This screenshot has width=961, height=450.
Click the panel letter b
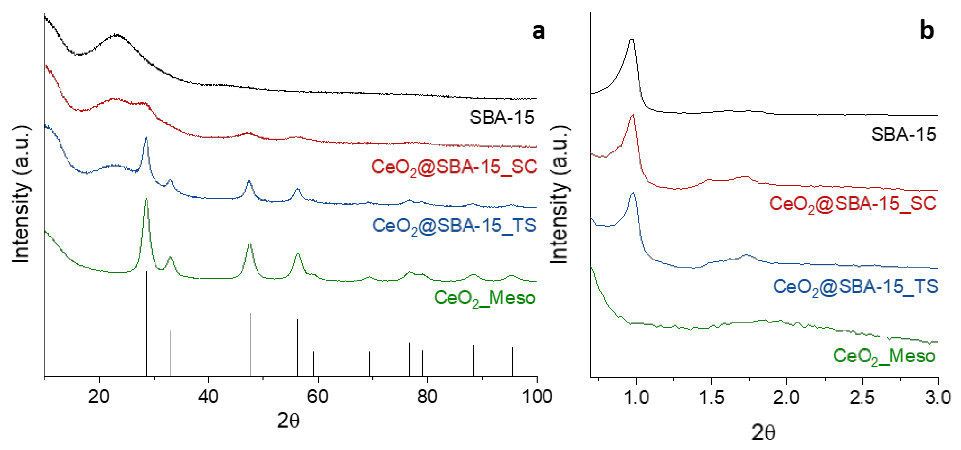tap(927, 30)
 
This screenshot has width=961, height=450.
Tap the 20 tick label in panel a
tap(99, 396)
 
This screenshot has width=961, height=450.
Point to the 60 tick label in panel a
tap(317, 396)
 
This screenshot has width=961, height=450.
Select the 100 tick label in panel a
tap(536, 396)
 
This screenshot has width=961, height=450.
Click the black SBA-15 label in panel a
tap(501, 117)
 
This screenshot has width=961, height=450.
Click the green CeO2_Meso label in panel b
tap(884, 356)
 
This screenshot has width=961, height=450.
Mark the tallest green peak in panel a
tap(146, 200)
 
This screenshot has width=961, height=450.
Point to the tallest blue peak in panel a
tap(146, 139)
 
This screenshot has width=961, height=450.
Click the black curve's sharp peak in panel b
tap(631, 40)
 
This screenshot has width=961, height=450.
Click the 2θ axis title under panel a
tap(288, 421)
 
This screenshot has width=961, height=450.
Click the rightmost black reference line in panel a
tap(512, 362)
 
